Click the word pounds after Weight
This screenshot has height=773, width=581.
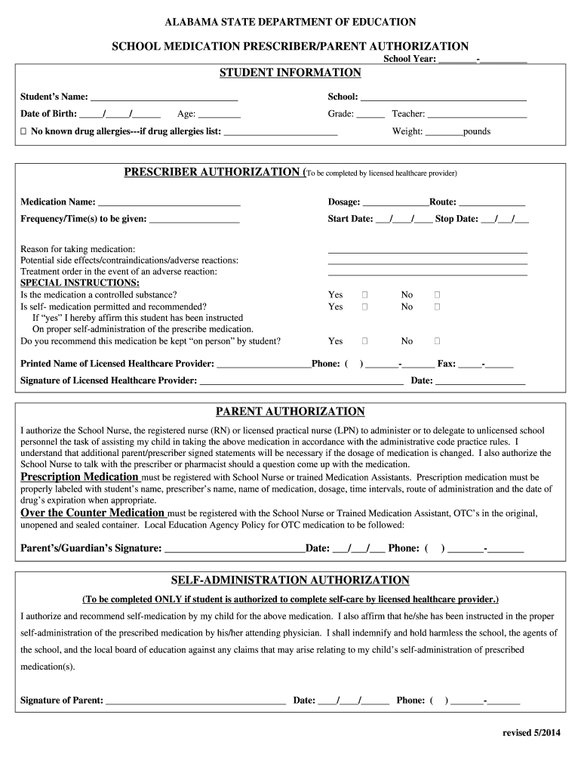477,131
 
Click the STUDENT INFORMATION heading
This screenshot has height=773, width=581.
290,73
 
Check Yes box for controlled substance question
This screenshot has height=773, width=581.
364,295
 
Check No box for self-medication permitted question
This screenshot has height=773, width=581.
436,307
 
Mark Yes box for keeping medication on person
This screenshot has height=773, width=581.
364,341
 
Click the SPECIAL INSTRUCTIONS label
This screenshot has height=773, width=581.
79,282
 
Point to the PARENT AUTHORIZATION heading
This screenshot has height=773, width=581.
290,411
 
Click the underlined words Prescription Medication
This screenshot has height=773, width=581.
79,477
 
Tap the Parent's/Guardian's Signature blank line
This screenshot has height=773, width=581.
234,550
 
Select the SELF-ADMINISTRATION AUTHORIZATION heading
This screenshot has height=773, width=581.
290,581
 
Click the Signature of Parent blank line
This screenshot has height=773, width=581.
195,701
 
